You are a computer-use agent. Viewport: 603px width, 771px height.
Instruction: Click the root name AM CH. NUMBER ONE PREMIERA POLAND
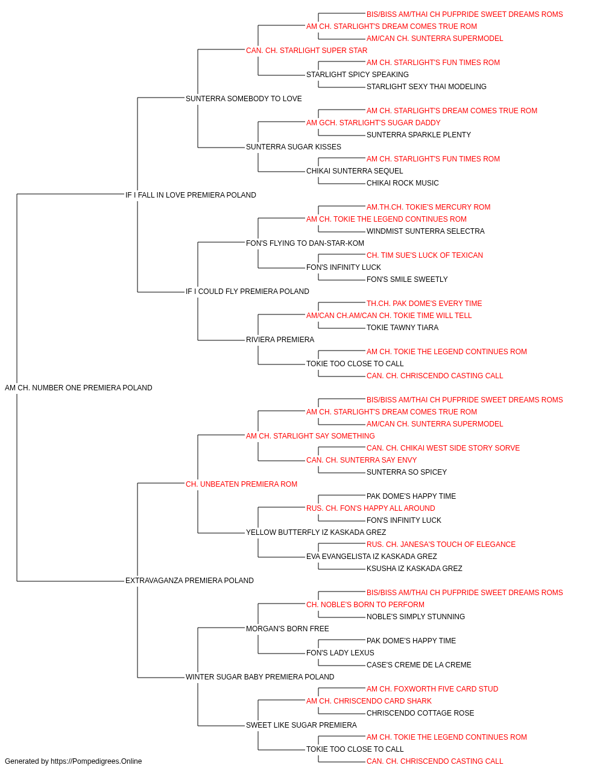[x=78, y=388]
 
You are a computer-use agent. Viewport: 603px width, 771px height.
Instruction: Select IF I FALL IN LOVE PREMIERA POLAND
[x=191, y=195]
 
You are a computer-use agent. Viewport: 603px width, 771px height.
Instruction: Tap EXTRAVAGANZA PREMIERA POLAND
[x=189, y=581]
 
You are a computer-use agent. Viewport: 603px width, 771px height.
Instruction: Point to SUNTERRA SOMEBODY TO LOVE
[x=244, y=99]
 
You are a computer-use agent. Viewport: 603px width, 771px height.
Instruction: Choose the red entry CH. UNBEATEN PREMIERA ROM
[x=241, y=484]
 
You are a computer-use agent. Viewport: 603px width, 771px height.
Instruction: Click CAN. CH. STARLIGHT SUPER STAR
[x=306, y=51]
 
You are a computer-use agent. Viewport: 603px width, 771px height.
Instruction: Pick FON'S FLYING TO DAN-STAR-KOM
[x=305, y=243]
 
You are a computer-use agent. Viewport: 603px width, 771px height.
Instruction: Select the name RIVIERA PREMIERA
[x=280, y=340]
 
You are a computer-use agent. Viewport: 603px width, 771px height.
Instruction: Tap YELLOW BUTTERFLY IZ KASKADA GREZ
[x=316, y=532]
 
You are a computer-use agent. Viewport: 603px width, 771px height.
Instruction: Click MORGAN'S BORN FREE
[x=287, y=629]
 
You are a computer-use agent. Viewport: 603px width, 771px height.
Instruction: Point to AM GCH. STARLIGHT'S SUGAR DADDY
[x=373, y=123]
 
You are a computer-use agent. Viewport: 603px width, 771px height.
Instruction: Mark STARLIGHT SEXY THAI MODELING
[x=426, y=87]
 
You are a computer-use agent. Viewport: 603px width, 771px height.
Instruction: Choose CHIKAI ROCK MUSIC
[x=403, y=183]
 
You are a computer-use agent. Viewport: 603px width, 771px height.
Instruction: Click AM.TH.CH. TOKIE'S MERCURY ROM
[x=428, y=207]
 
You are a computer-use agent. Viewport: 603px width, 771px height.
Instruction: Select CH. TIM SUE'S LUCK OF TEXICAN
[x=425, y=255]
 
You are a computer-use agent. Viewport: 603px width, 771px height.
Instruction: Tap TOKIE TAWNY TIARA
[x=402, y=328]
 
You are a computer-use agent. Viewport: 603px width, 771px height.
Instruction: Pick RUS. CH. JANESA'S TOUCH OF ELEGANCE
[x=441, y=545]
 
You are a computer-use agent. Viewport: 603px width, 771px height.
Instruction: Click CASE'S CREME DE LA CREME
[x=419, y=665]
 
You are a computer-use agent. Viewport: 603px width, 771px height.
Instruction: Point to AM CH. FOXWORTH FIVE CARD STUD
[x=432, y=689]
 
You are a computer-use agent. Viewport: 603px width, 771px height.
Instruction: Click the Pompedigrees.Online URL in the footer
[x=96, y=761]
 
